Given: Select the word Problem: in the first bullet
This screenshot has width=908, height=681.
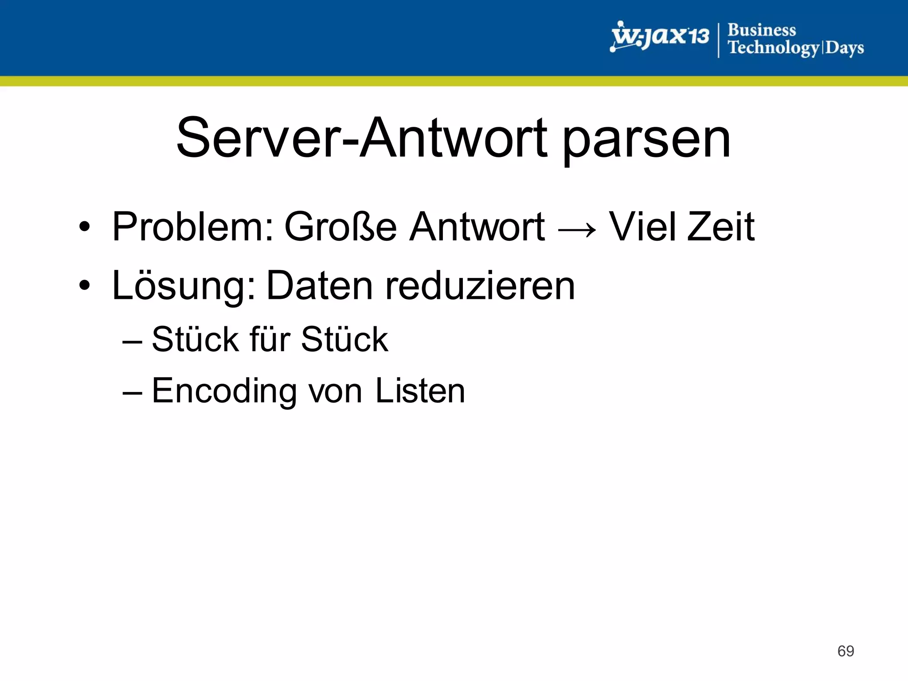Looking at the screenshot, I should coord(193,227).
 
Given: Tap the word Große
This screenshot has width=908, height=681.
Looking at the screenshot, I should coord(340,227).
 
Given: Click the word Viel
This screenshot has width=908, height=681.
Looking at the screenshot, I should coord(642,227).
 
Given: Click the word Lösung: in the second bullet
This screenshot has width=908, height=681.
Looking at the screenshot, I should coord(184,286).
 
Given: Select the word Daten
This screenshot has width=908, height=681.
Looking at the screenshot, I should coord(320,286).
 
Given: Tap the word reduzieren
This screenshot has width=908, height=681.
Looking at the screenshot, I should coord(480,286).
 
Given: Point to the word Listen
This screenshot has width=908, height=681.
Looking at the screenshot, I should coord(420,391).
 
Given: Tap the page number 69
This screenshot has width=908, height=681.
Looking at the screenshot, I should coord(845,651).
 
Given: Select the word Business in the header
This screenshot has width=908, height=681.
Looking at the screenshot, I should coord(762,30).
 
